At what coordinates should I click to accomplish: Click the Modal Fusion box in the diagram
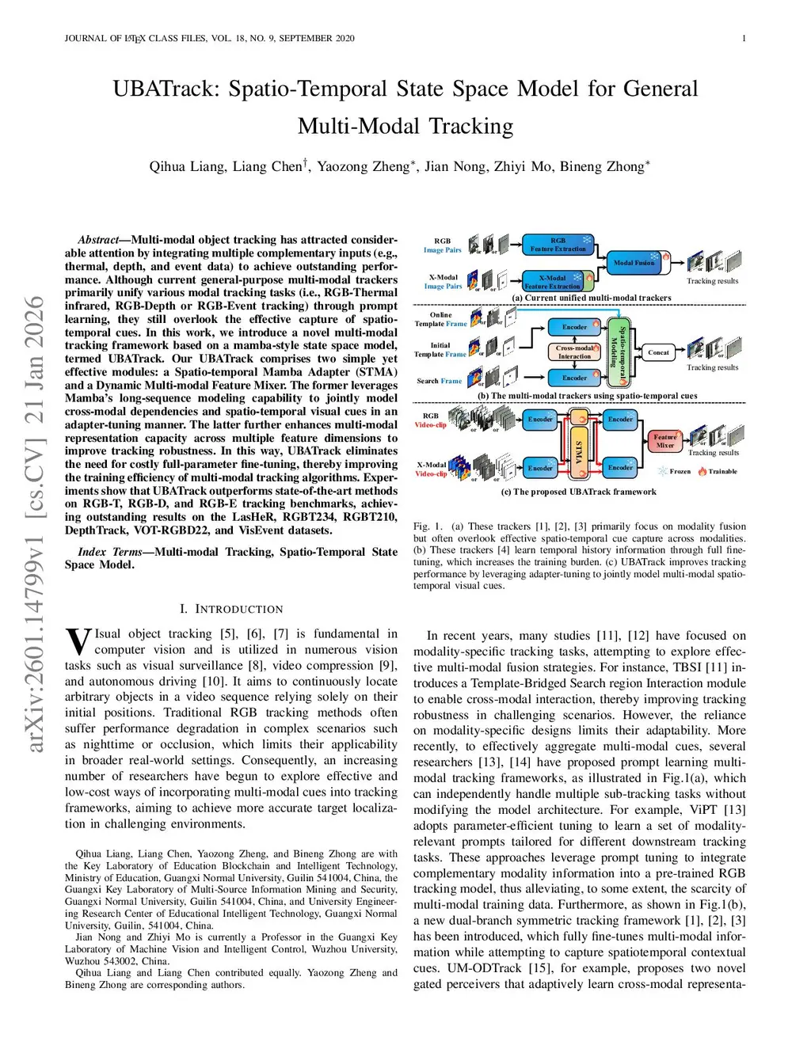click(634, 262)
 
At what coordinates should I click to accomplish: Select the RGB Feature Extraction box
click(558, 245)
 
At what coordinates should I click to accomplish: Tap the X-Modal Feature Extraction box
click(552, 281)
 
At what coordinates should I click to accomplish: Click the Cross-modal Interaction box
click(574, 352)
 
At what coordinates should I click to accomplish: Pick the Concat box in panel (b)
click(658, 352)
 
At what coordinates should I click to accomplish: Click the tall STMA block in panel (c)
click(579, 446)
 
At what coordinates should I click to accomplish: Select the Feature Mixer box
click(664, 441)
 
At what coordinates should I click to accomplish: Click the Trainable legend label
click(722, 471)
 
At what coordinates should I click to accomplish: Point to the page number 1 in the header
click(744, 38)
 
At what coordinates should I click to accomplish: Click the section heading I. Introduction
click(231, 609)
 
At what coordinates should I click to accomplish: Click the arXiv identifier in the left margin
click(35, 523)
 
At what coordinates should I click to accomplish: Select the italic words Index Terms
click(109, 552)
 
